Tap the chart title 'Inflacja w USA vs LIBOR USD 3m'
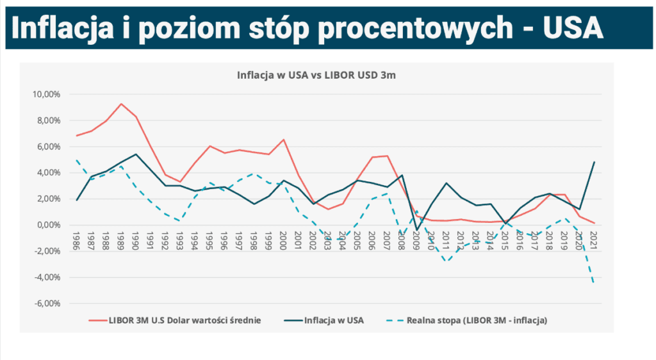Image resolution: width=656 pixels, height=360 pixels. coord(316,75)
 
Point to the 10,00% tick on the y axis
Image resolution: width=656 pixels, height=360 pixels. coord(46,94)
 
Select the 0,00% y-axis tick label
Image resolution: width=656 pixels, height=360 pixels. coord(48,225)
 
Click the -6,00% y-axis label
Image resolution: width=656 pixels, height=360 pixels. coord(47,304)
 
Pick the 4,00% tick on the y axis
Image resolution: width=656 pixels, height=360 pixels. coord(48,173)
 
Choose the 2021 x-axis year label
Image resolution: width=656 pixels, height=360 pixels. coord(594,242)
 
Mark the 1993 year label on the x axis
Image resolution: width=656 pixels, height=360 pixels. coord(181,242)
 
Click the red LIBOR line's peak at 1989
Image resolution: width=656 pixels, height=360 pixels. coord(121,104)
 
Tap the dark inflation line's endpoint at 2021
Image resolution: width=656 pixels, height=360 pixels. coord(594,162)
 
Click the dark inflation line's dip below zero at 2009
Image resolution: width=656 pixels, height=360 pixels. coord(416,230)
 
